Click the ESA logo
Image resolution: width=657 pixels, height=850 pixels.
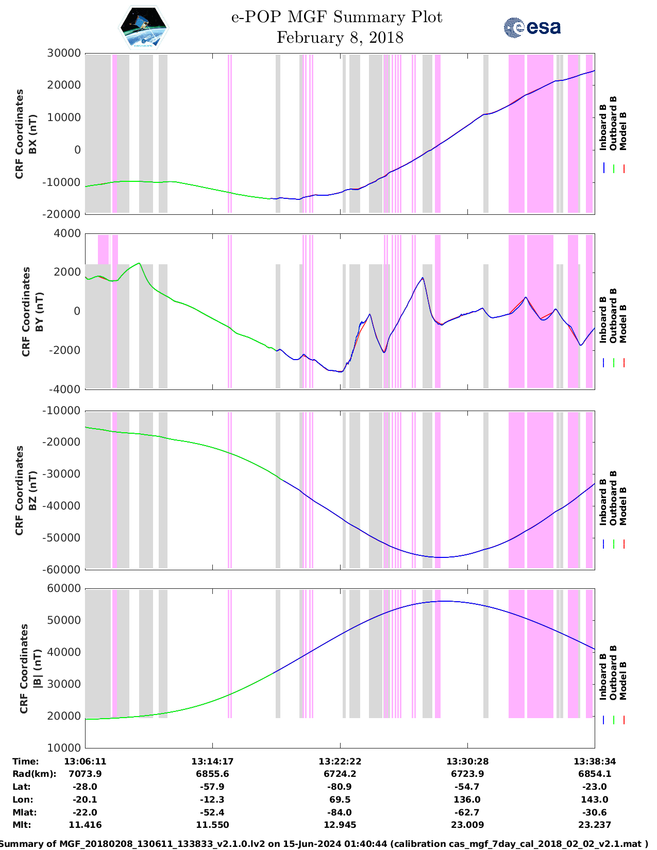532,27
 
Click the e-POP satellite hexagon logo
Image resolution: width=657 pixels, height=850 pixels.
144,28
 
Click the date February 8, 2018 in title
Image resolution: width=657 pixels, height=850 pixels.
340,38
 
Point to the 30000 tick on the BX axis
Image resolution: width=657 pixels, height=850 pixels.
64,53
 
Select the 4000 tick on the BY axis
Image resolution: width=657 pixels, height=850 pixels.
67,233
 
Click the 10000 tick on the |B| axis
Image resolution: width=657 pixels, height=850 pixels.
64,747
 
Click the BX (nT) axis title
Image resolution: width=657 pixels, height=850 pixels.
32,134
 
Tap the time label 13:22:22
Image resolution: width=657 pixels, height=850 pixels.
340,761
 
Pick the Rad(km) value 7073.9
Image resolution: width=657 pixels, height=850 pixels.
85,774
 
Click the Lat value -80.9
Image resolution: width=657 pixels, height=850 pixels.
340,787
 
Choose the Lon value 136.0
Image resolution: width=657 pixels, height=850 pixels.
467,800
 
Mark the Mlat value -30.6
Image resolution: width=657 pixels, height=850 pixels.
594,812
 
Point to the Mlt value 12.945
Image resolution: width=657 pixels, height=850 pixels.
340,825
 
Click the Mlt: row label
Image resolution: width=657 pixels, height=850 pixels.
22,825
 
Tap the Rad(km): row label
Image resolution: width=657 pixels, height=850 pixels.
34,774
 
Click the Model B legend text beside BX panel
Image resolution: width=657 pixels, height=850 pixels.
623,131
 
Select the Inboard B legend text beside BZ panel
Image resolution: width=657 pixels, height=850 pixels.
603,505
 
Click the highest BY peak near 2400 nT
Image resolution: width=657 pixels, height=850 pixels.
139,263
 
